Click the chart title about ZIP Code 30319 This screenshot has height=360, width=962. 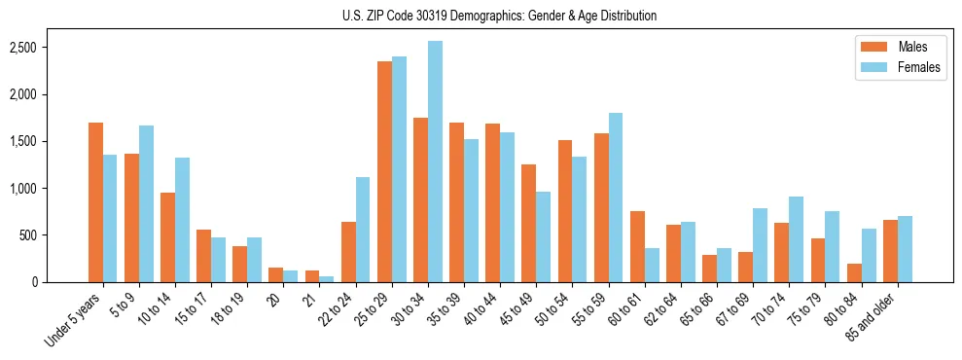tap(499, 16)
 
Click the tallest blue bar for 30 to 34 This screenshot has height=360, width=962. tap(435, 162)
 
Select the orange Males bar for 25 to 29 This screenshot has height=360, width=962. tap(384, 171)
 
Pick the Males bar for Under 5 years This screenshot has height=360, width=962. tap(95, 202)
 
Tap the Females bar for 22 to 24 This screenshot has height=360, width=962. tap(363, 230)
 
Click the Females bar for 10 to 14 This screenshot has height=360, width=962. tap(182, 220)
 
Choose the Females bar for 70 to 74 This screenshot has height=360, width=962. tap(796, 239)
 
